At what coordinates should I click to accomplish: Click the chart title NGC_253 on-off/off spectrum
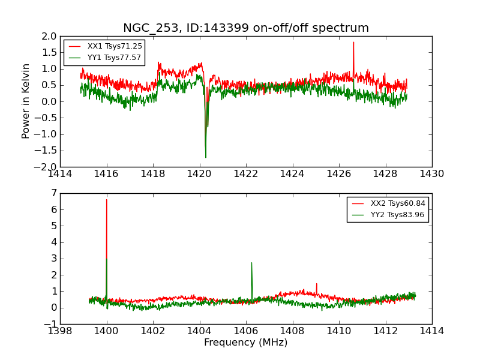(246, 28)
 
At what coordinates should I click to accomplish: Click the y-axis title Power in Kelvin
(26, 101)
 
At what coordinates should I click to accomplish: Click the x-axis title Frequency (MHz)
(246, 343)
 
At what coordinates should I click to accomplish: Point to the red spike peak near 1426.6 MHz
(353, 42)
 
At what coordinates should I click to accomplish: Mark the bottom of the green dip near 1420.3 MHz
(205, 157)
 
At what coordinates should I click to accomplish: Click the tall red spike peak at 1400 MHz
(107, 199)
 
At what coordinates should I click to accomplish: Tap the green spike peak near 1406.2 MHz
(251, 262)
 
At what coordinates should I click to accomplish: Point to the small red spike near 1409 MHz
(317, 284)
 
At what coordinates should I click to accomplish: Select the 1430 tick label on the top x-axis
(431, 173)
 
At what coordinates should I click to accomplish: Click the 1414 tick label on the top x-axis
(60, 173)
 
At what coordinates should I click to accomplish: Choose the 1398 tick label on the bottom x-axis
(60, 331)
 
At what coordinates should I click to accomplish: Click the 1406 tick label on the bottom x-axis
(246, 331)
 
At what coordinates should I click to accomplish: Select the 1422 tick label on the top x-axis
(246, 173)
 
